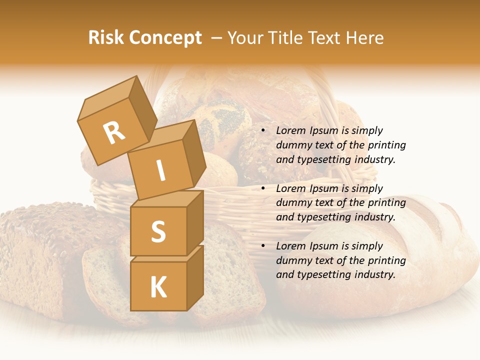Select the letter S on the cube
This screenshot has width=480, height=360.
coord(158,231)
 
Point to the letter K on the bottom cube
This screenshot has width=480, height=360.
coord(158,287)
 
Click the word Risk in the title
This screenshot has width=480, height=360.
coord(106,37)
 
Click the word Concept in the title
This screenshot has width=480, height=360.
coord(166,38)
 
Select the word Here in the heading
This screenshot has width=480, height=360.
coord(366,37)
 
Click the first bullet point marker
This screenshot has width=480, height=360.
coord(263,131)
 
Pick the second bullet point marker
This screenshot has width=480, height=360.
coord(263,189)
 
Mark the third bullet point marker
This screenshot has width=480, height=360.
coord(263,246)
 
